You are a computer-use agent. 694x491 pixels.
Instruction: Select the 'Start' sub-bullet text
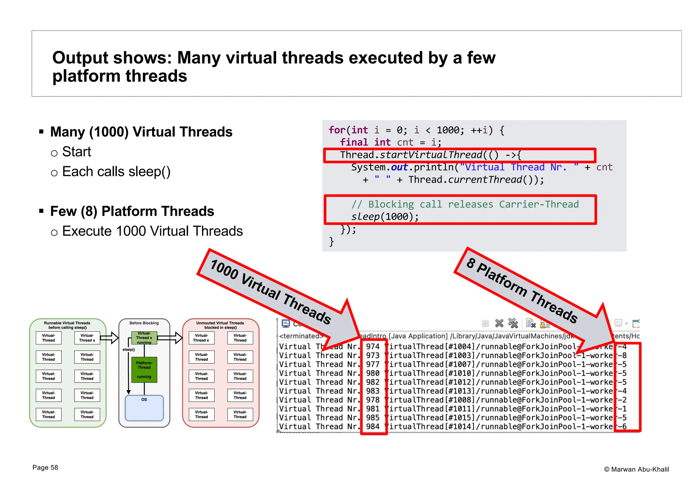pos(77,152)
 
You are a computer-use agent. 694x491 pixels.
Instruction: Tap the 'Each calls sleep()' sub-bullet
pos(116,172)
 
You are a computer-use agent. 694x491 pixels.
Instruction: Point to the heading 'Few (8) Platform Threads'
pos(132,211)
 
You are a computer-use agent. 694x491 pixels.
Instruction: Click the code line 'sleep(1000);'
pos(385,216)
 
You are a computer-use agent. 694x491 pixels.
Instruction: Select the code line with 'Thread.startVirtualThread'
pos(430,155)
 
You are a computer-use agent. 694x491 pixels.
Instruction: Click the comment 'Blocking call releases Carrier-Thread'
pos(473,204)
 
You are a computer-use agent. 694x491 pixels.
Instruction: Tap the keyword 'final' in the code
pos(354,142)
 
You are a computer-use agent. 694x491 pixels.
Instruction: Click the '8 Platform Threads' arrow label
pos(522,290)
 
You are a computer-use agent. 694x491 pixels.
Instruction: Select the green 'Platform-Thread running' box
pos(144,370)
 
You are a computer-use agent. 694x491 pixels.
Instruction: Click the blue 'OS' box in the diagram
pos(144,408)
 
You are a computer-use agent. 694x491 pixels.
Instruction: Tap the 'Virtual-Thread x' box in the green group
pos(87,338)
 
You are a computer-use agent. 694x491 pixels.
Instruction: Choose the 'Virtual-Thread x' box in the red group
pos(201,338)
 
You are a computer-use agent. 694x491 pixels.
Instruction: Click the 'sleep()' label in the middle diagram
pos(128,350)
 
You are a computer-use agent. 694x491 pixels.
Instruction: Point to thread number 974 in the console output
pos(373,347)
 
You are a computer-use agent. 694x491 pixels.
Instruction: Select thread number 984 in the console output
pos(373,427)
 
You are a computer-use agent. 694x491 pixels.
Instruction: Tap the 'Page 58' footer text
pos(45,468)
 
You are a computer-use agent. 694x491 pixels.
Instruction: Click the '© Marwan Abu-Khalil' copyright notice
pos(636,469)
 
